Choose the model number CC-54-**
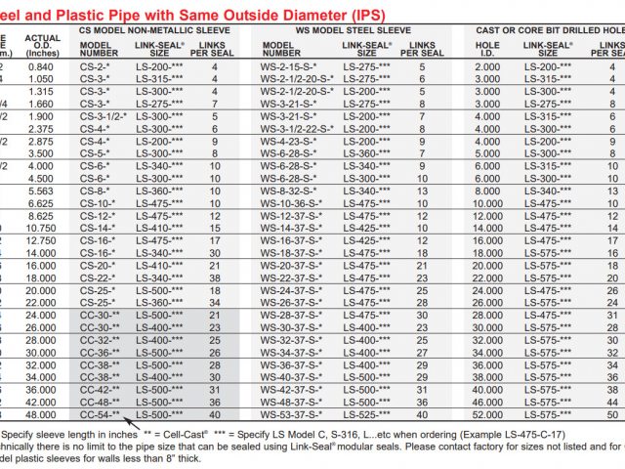pyautogui.click(x=100, y=415)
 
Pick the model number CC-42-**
pyautogui.click(x=100, y=390)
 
